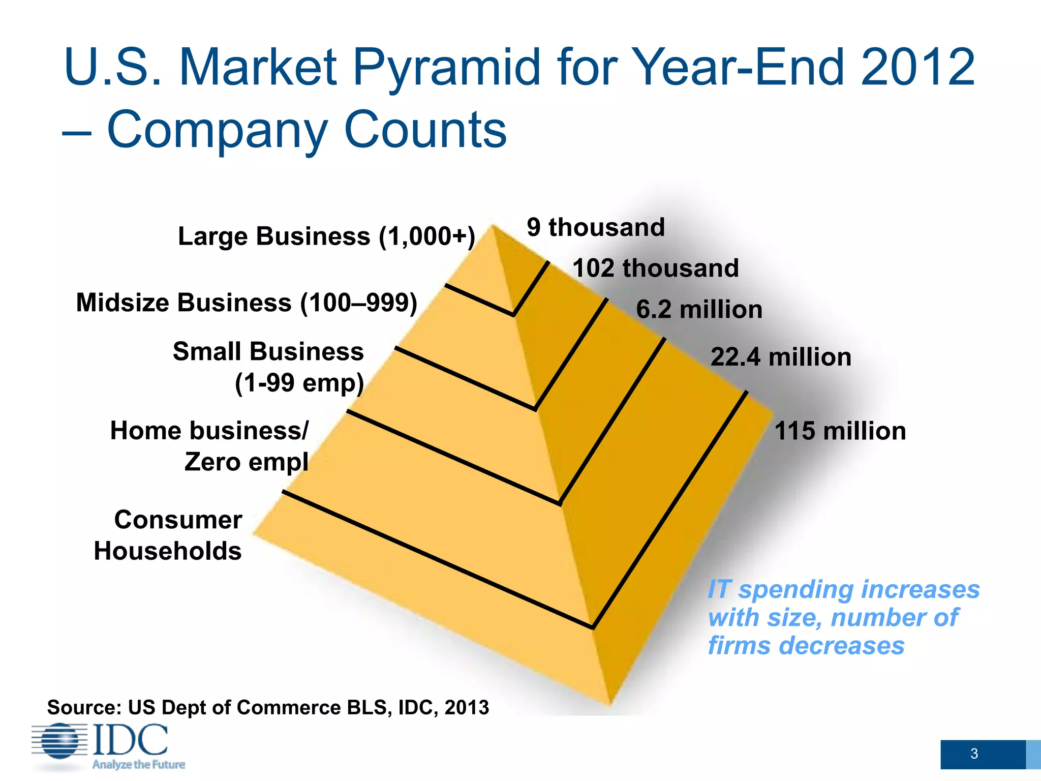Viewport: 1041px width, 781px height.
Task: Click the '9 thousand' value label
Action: click(596, 227)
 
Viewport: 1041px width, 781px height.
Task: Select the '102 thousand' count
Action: click(655, 268)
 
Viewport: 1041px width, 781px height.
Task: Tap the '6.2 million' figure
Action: click(699, 309)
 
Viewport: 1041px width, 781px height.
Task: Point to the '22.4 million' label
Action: click(781, 357)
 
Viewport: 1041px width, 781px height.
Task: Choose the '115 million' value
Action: click(840, 431)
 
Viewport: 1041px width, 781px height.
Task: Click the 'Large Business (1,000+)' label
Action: click(326, 236)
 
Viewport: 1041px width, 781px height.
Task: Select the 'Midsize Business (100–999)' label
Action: click(247, 303)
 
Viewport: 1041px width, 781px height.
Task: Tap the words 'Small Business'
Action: click(268, 351)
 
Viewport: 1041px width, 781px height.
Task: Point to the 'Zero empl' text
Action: click(246, 462)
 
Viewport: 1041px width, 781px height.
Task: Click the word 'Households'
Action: click(168, 551)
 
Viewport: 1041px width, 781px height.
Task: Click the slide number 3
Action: click(974, 754)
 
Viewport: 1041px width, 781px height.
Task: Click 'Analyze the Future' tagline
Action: click(138, 765)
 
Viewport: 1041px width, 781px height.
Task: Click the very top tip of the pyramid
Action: click(493, 226)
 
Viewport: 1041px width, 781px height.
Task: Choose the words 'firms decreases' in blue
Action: click(806, 646)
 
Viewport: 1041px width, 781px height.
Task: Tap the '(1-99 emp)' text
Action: click(299, 383)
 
